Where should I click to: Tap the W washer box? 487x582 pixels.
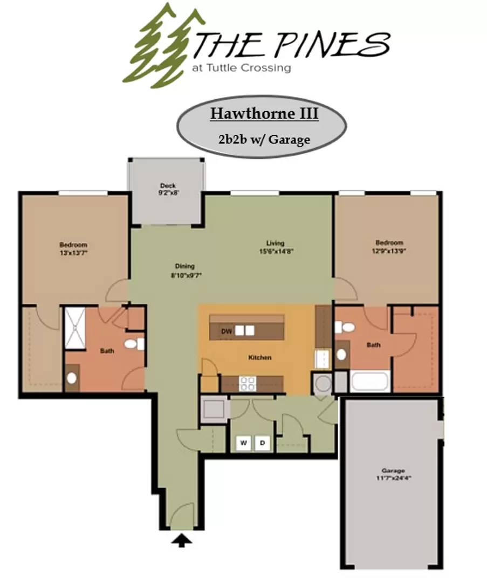[x=244, y=443]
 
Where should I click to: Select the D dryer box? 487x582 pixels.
[x=262, y=443]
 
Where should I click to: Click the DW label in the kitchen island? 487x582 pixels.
[x=227, y=331]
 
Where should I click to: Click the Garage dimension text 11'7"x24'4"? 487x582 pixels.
[x=393, y=478]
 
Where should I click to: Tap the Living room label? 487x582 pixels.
[x=275, y=243]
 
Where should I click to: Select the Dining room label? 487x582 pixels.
[x=185, y=266]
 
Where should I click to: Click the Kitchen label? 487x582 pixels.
[x=260, y=357]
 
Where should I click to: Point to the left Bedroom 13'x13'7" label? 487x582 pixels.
[x=73, y=248]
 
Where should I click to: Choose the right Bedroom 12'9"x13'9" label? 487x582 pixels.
[x=389, y=246]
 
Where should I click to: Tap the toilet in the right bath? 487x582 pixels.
[x=345, y=328]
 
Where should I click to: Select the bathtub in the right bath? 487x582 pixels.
[x=369, y=382]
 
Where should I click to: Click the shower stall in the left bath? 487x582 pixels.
[x=76, y=328]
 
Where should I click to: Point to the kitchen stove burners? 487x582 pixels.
[x=248, y=384]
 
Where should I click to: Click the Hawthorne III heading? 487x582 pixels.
[x=264, y=113]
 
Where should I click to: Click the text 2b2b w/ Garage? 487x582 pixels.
[x=264, y=140]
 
